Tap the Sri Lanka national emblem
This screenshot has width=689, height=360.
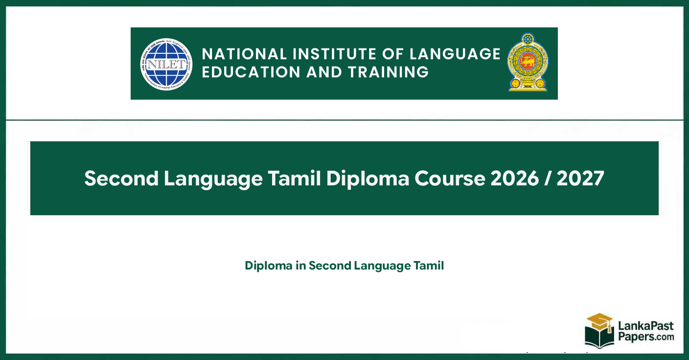click(528, 63)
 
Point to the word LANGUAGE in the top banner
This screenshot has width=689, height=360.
click(455, 54)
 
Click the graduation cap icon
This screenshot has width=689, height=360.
click(599, 321)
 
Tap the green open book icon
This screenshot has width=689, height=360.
click(599, 338)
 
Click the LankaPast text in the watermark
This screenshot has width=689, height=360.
click(644, 326)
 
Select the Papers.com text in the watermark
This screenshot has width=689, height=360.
click(645, 337)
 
